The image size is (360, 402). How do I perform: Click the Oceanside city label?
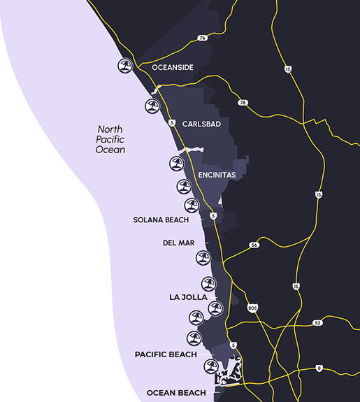coord(173,68)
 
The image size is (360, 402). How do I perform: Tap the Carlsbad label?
coord(201,124)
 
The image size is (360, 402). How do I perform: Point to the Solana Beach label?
coord(162,220)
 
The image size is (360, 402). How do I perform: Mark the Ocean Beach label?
coord(175,392)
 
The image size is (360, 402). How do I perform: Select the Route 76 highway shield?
coord(202,38)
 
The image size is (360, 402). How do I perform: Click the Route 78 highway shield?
coord(243,103)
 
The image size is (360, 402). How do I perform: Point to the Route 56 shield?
coord(254,245)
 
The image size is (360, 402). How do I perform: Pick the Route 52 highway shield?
coord(317,322)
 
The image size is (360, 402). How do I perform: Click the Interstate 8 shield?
coord(319,368)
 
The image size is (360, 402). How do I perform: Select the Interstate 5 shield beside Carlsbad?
coord(171,122)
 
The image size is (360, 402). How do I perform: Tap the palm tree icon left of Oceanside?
coord(125,66)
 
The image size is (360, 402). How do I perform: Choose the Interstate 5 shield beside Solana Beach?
coord(213,217)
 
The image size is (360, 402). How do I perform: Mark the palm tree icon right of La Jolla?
coord(215,308)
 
